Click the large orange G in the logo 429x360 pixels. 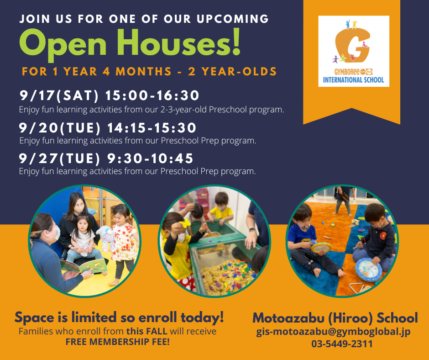(352, 45)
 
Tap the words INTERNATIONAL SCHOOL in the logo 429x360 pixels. (354, 80)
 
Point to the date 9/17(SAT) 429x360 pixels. (59, 95)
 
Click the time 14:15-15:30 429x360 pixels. (152, 128)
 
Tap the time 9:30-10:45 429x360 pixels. (150, 159)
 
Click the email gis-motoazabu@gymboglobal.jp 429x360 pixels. (333, 332)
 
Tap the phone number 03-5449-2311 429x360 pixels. (342, 344)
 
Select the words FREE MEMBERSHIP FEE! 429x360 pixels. (118, 342)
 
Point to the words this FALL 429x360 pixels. (146, 331)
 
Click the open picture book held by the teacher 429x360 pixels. (84, 266)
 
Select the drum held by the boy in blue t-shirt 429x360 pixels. (321, 247)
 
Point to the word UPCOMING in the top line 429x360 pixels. (233, 19)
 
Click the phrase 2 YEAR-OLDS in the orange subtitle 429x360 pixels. (232, 72)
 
